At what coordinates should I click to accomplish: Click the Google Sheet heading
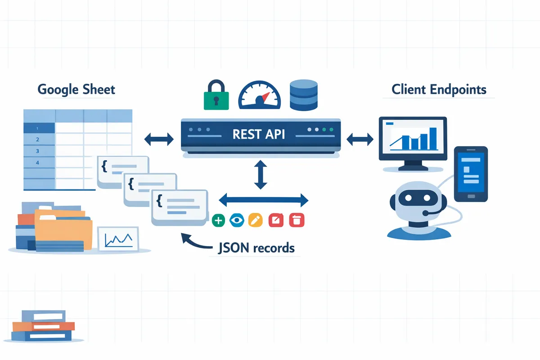click(x=76, y=89)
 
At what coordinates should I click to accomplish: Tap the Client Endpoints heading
click(x=439, y=89)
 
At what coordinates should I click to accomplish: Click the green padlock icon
click(x=216, y=95)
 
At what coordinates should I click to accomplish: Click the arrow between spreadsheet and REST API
click(x=159, y=139)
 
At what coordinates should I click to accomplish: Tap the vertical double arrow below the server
click(x=261, y=174)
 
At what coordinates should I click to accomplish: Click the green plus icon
click(x=218, y=220)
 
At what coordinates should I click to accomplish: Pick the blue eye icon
click(x=236, y=220)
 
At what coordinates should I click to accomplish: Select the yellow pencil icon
click(x=255, y=220)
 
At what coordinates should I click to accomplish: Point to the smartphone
click(x=470, y=173)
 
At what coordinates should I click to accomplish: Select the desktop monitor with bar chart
click(x=413, y=139)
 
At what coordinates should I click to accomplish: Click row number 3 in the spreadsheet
click(x=38, y=151)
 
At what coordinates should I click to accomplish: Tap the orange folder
click(x=63, y=227)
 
